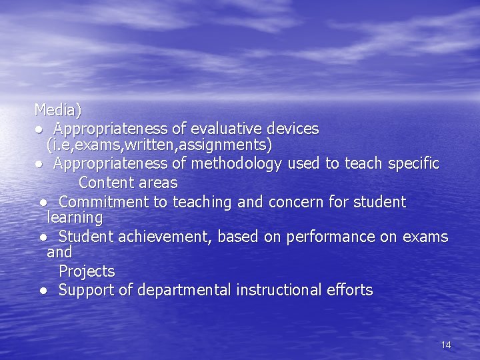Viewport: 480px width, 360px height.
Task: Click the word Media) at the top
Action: tap(57, 109)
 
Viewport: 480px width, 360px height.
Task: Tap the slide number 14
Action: tap(446, 345)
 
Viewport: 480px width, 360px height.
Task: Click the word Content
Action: tap(103, 183)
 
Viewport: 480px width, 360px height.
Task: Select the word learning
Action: tap(75, 218)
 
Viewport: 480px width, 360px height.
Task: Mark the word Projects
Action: tap(87, 271)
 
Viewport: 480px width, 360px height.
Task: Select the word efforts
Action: tap(350, 290)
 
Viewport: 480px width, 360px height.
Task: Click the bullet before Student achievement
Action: tap(43, 237)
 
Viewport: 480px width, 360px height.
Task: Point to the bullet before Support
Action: tap(43, 291)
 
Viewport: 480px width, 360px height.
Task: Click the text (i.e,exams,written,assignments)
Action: tap(159, 145)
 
